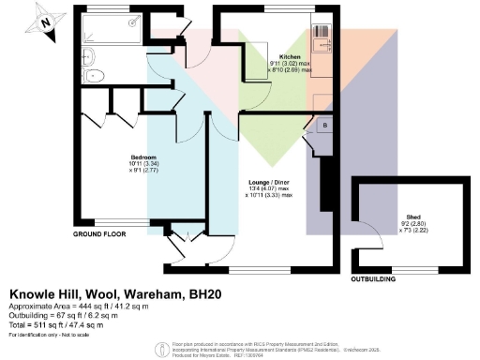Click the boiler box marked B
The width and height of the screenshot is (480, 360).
324,125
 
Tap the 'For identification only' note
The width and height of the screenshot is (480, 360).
47,336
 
